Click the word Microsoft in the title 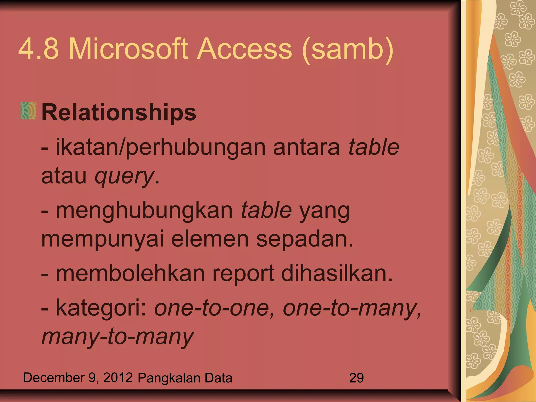(128, 49)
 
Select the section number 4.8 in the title (38, 49)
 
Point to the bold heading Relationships (119, 113)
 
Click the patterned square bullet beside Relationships (29, 111)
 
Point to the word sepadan (304, 239)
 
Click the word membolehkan (130, 273)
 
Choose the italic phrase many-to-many (118, 337)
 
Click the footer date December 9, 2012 (78, 378)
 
